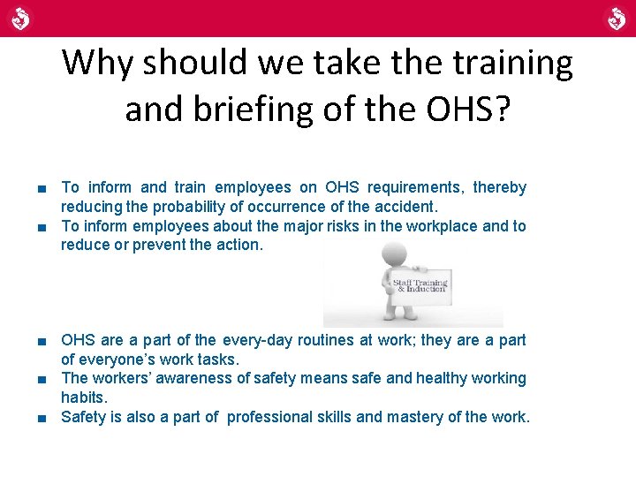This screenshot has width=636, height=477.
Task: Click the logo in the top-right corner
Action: (615, 18)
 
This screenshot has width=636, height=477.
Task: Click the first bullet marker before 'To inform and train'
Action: (42, 187)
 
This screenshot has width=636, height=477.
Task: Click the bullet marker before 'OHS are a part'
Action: (42, 340)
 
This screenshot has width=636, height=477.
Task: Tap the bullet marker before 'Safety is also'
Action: (42, 417)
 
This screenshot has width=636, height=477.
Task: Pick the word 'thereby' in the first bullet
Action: (499, 187)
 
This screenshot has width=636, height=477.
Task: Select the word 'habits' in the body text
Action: (82, 397)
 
